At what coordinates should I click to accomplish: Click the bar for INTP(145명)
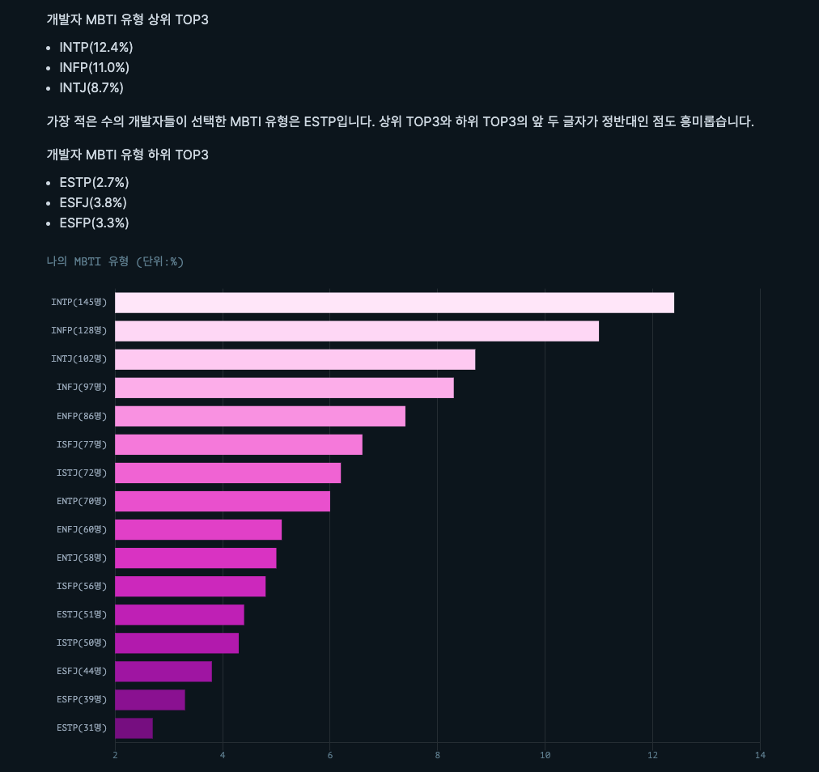[394, 303]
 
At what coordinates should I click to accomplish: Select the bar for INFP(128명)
[357, 331]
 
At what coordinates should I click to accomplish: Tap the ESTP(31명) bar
[134, 728]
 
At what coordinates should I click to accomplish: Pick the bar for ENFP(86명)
[260, 416]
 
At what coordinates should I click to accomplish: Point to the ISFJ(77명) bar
[239, 444]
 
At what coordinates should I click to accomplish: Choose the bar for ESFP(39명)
[150, 700]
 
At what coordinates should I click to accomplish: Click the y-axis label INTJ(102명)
[79, 359]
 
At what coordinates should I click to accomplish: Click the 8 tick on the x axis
[438, 756]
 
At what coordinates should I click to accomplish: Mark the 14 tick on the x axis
[760, 756]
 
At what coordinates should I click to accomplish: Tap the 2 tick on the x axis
[115, 756]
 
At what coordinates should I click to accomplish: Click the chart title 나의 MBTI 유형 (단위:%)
[115, 261]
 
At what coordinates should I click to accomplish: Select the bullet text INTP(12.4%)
[96, 47]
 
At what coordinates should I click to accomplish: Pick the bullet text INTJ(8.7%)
[91, 87]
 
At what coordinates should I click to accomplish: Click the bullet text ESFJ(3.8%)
[93, 202]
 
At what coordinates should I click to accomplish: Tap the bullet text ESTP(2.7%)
[94, 182]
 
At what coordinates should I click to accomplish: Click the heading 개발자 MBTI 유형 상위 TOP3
[127, 19]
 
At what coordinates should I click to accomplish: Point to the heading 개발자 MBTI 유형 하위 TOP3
[127, 155]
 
